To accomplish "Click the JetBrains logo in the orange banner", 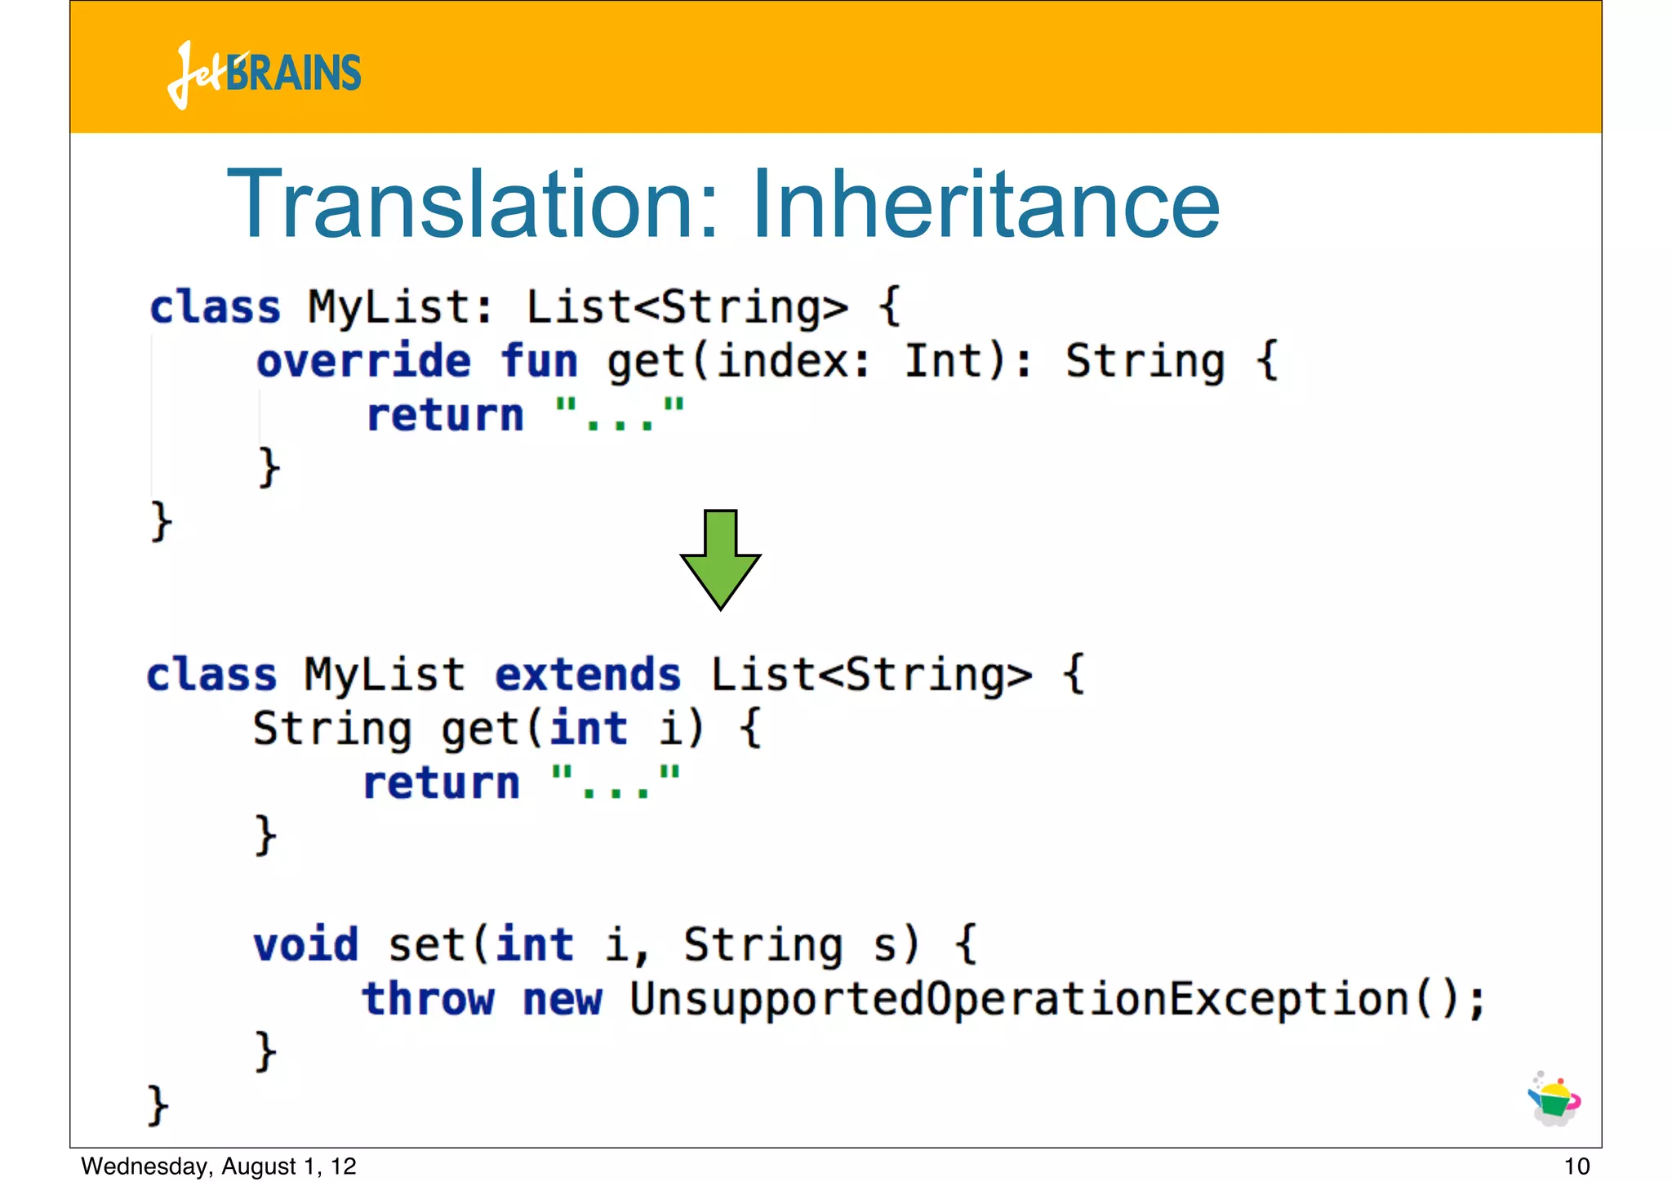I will coord(265,74).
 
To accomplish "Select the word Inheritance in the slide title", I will coord(985,204).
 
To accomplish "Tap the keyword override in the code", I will coord(363,361).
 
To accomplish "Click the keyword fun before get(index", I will coord(539,361).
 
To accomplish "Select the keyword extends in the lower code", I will coord(588,676).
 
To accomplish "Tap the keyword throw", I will coord(429,1000).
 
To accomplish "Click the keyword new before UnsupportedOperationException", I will coord(563,1000).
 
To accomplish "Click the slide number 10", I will coord(1576,1166).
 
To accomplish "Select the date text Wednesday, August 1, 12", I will coord(219,1166).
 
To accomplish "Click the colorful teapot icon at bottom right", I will coord(1554,1099).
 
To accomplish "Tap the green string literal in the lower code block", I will coord(616,782).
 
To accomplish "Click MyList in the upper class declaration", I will coord(389,308).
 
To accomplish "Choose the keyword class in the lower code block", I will coord(211,676).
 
